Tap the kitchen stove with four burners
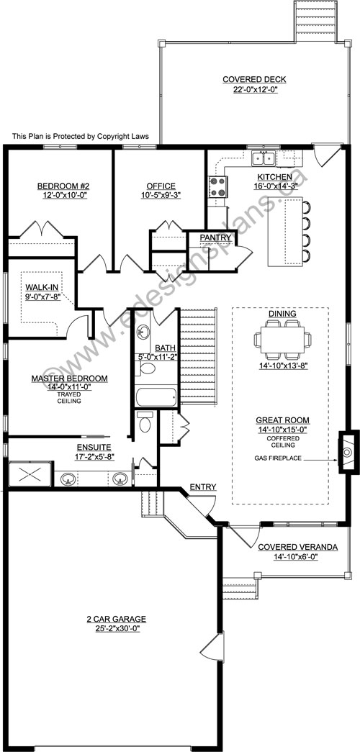[217, 187]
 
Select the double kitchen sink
[264, 158]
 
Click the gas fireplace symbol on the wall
[348, 452]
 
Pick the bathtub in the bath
[156, 397]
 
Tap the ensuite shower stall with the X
[30, 474]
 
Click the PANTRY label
[216, 238]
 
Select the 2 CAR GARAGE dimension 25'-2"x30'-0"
[120, 628]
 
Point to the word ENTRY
[202, 487]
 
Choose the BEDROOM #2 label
[61, 186]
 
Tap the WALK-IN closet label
[42, 287]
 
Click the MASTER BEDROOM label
[70, 379]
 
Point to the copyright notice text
[81, 136]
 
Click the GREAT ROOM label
[282, 420]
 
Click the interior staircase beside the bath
[198, 355]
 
